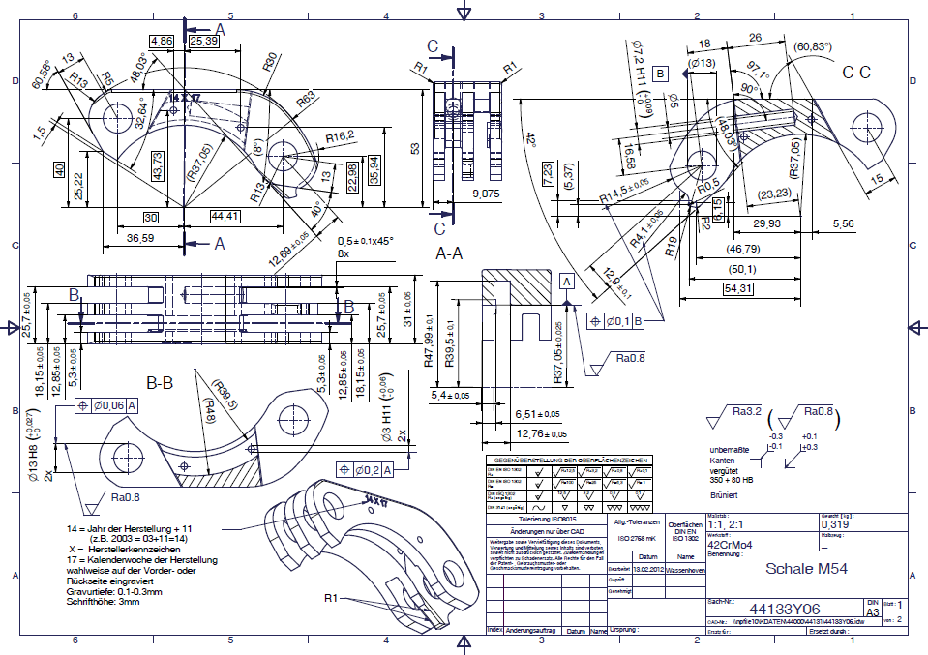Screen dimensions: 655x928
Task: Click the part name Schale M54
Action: [806, 569]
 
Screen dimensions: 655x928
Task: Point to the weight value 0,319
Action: [836, 525]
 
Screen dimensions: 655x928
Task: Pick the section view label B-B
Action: [159, 383]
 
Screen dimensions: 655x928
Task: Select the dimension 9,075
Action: [487, 194]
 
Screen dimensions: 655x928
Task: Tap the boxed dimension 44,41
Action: [224, 216]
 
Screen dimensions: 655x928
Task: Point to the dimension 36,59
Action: [140, 238]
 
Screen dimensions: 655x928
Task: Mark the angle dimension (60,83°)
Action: [814, 45]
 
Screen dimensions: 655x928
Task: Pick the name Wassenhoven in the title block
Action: [685, 570]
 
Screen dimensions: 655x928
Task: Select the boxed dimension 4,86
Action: [162, 41]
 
